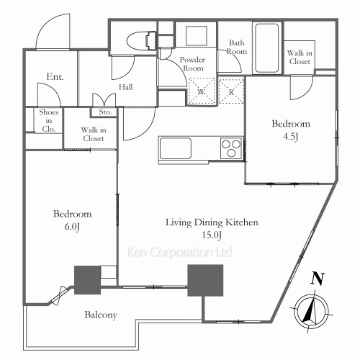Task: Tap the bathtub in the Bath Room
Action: (x=267, y=48)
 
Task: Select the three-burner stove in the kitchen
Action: (x=231, y=148)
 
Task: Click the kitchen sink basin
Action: (x=176, y=148)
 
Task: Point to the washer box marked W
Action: (x=202, y=91)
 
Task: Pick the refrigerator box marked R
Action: (x=231, y=91)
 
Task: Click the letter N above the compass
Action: (x=318, y=279)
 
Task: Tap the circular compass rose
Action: (x=312, y=312)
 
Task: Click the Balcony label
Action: (x=101, y=315)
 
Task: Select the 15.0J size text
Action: (x=212, y=235)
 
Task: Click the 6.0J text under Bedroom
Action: (x=72, y=227)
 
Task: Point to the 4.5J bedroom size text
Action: (x=291, y=137)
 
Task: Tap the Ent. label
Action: (x=55, y=77)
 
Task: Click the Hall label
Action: (x=126, y=87)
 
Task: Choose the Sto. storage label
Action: (x=105, y=112)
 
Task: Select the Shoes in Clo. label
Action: (x=49, y=120)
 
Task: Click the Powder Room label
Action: (x=193, y=64)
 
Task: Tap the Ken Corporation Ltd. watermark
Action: (x=180, y=252)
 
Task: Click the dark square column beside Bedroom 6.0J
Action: (x=87, y=280)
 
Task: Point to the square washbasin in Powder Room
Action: (x=197, y=36)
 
